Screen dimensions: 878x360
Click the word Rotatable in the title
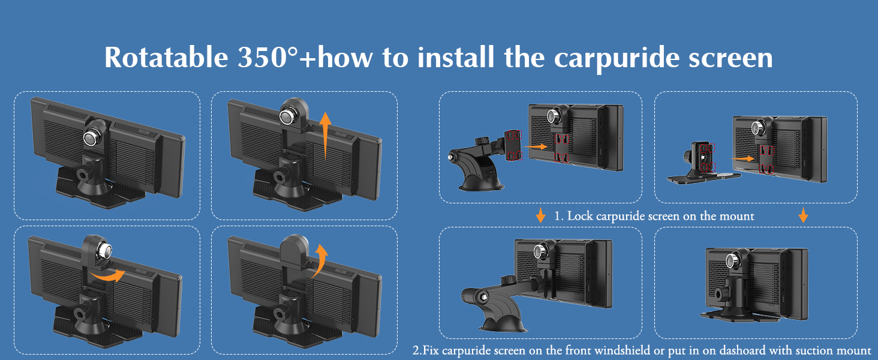(166, 58)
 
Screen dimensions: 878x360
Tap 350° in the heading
(267, 58)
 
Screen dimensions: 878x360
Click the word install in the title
(455, 57)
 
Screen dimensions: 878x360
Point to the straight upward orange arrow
(325, 136)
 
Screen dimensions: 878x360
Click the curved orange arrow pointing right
(106, 275)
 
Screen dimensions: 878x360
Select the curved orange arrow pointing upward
(320, 261)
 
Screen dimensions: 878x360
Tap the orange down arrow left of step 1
(540, 215)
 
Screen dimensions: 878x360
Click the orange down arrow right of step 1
(803, 215)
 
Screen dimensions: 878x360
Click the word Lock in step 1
(580, 216)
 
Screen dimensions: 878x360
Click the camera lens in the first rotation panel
(92, 138)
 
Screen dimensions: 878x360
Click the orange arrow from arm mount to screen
(535, 146)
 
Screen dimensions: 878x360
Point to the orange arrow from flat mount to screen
(742, 158)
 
